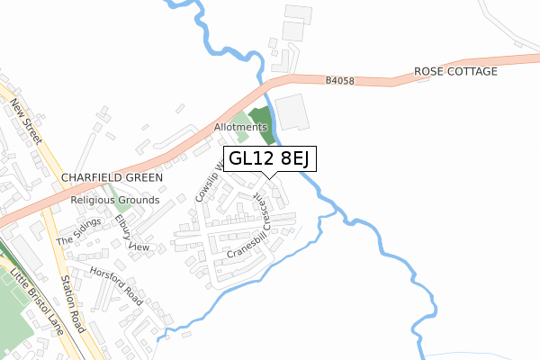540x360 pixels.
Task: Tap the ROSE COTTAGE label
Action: (455, 71)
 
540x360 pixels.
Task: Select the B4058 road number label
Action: (341, 81)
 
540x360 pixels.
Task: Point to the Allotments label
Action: (240, 128)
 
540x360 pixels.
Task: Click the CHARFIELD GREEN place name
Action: (112, 177)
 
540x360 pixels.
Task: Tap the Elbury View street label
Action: (132, 232)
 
